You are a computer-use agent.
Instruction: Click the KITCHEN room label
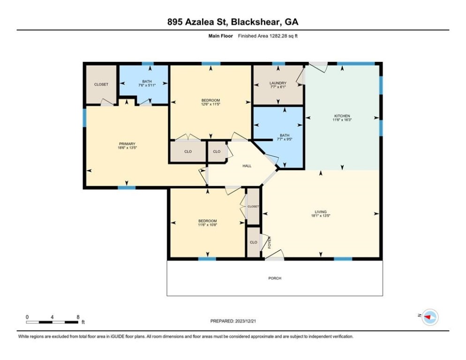click(342, 116)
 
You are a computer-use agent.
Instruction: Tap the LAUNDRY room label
click(278, 83)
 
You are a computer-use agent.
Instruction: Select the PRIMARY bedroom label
click(127, 144)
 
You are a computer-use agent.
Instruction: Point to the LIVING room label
click(321, 212)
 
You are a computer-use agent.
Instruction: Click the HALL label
click(247, 166)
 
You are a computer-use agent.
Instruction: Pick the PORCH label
click(275, 278)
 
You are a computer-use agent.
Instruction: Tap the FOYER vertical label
click(270, 242)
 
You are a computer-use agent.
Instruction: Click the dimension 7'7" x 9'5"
click(285, 139)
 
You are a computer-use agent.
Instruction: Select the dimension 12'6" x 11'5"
click(210, 105)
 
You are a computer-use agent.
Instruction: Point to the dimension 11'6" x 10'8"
click(207, 225)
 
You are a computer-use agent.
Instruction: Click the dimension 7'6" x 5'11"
click(147, 85)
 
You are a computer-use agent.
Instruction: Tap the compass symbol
click(430, 317)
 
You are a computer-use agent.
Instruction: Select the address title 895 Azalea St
click(197, 22)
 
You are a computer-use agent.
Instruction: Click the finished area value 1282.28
click(278, 36)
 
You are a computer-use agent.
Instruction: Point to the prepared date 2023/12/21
click(246, 321)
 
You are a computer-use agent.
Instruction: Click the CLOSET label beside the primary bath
click(101, 84)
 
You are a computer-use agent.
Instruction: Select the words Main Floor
click(220, 36)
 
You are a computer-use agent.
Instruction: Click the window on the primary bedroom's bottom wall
click(127, 187)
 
